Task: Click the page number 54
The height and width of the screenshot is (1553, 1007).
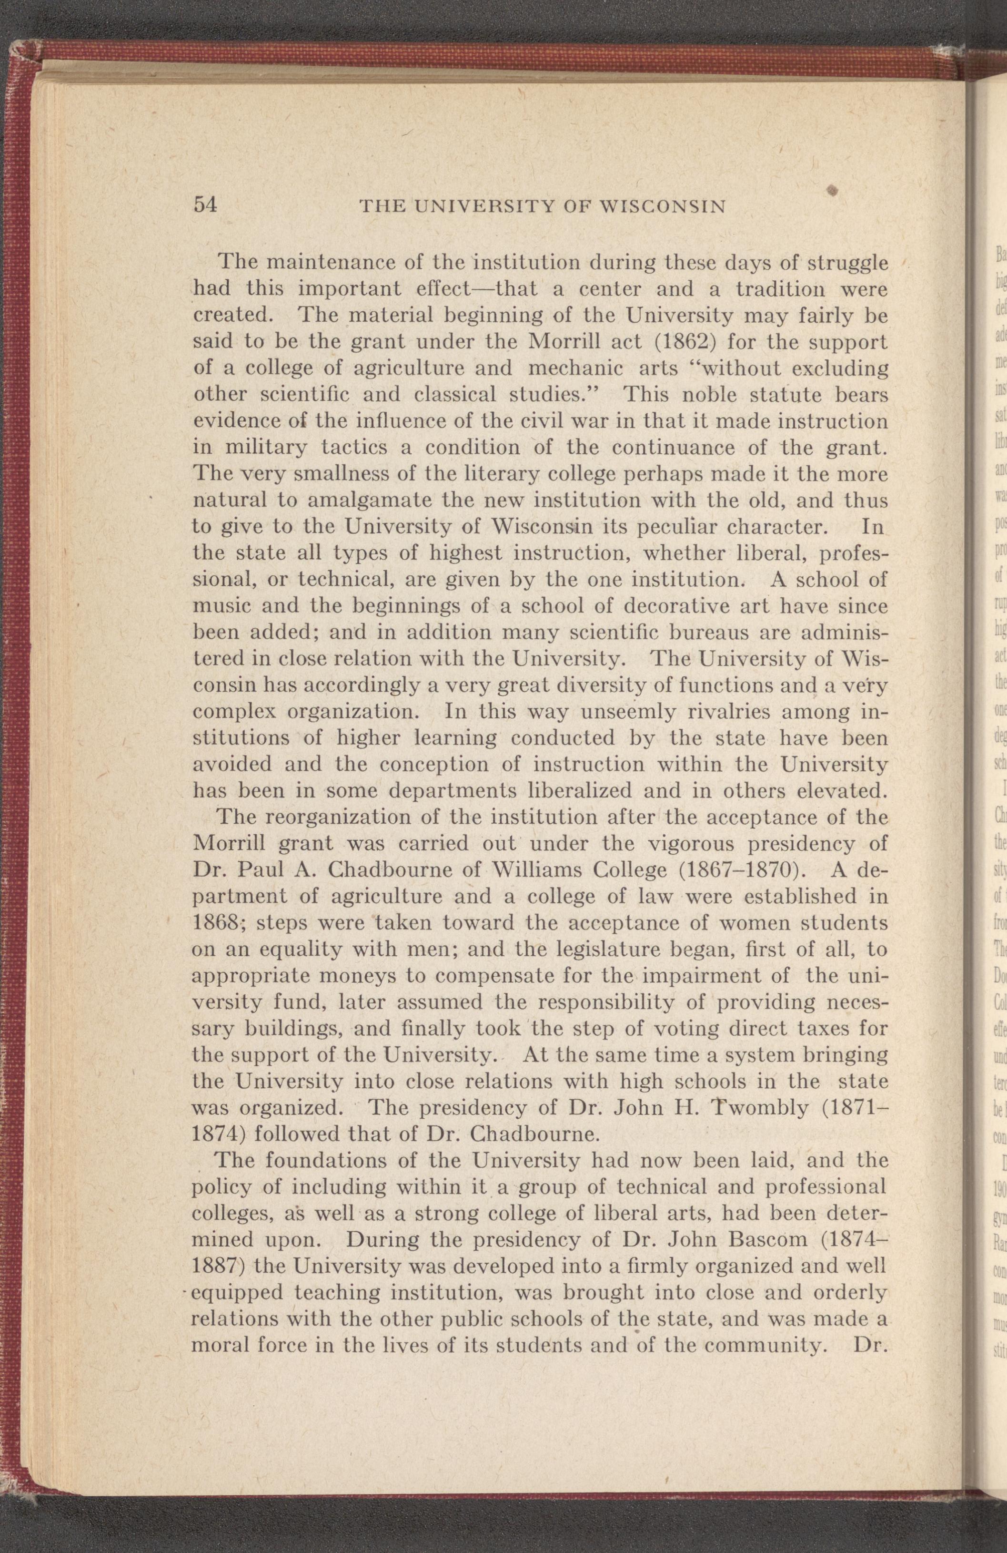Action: (204, 205)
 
